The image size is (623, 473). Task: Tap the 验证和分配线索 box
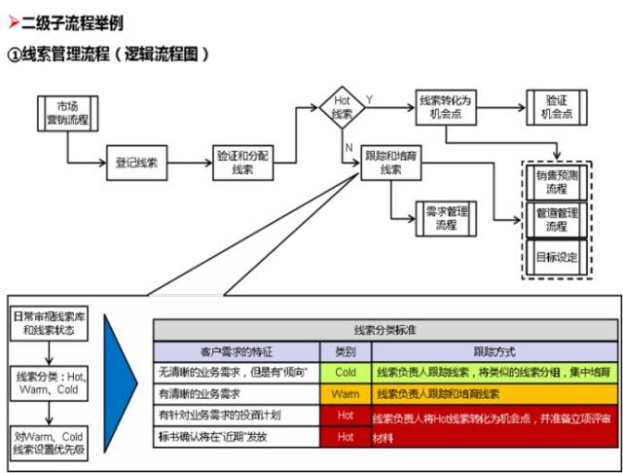tap(243, 163)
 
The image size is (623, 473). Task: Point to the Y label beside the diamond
tap(369, 98)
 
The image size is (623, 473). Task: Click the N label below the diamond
tap(348, 145)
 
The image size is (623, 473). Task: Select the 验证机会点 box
tap(556, 106)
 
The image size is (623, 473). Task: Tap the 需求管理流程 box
tap(445, 217)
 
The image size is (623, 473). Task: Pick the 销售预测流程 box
tap(556, 182)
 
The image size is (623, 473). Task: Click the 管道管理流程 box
tap(556, 219)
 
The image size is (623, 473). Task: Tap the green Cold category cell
tap(345, 373)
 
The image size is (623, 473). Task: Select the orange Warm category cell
tap(345, 394)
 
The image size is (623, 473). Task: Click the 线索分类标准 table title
tap(385, 330)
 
